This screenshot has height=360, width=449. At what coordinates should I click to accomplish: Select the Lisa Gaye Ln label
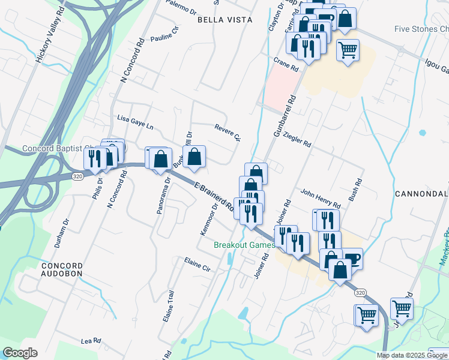(x=136, y=123)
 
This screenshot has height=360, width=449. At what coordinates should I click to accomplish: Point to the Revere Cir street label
(x=228, y=131)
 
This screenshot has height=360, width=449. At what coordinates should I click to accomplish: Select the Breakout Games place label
(x=245, y=245)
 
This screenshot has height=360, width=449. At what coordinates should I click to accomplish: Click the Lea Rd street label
(x=91, y=341)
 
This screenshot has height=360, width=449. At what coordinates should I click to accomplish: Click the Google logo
(x=20, y=353)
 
